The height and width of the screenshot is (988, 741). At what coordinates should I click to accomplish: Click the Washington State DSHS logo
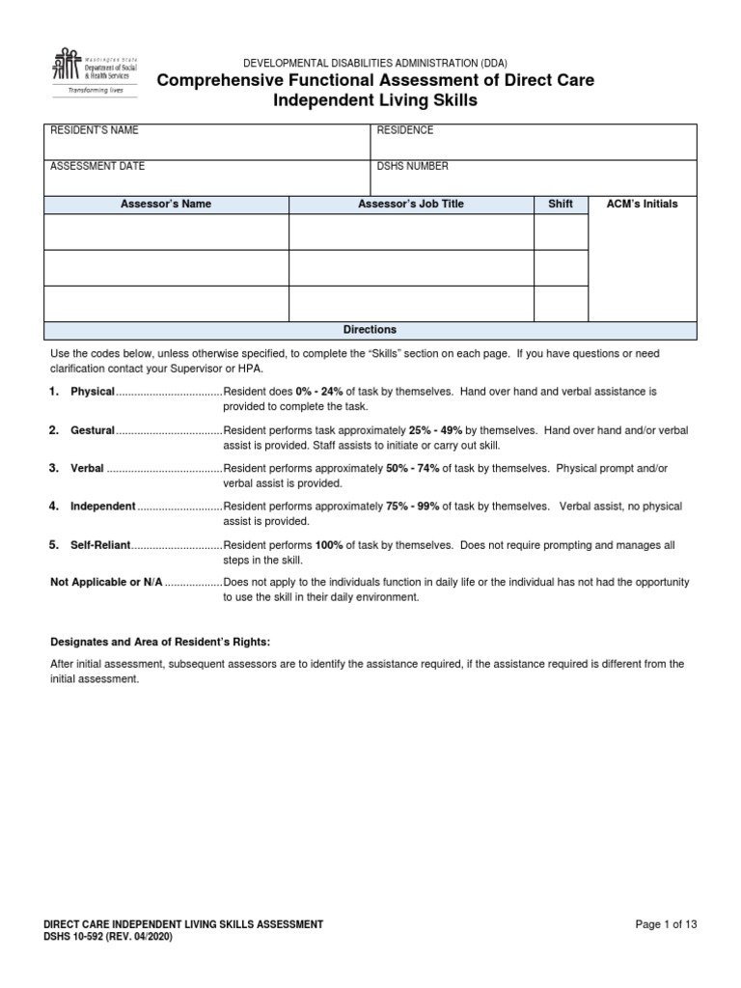93,71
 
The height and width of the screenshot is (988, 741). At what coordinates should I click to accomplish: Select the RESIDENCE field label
404,130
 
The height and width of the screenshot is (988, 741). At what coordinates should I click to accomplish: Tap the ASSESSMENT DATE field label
96,166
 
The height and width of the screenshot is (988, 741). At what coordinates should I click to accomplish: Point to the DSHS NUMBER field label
412,166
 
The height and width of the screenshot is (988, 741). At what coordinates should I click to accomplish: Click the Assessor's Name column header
166,205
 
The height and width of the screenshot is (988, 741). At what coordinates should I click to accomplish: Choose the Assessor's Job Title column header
411,205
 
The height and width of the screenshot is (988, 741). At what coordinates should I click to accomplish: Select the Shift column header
561,205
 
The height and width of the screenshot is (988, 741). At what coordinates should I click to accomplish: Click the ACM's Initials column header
642,205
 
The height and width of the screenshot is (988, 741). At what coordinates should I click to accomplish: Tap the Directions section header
370,330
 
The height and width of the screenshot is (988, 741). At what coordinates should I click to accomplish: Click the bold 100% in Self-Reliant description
329,545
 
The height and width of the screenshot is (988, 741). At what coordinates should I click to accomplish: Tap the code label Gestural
93,430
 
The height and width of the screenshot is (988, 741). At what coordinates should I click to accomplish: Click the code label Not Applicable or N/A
106,583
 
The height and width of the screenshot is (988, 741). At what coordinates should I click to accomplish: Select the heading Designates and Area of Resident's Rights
160,643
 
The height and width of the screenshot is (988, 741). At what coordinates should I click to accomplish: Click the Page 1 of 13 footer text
666,924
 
